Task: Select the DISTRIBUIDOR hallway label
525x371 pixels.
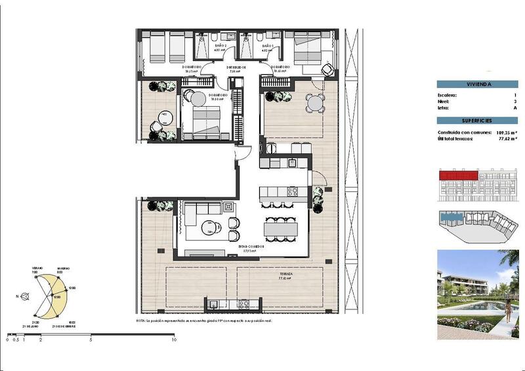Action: pyautogui.click(x=236, y=67)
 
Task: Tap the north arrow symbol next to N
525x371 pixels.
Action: pyautogui.click(x=25, y=296)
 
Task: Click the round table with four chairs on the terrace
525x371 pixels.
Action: pyautogui.click(x=316, y=103)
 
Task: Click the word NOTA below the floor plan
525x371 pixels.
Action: pyautogui.click(x=140, y=321)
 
